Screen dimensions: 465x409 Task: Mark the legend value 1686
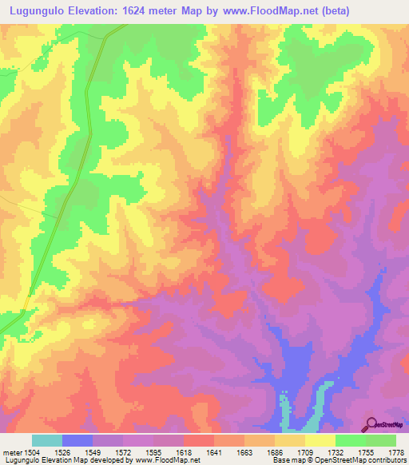(x=275, y=451)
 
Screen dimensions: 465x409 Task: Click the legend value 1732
(x=336, y=451)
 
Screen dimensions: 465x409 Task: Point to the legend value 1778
(x=396, y=451)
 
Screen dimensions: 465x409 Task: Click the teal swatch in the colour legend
(x=47, y=440)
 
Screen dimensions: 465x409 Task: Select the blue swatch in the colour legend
(x=77, y=440)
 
